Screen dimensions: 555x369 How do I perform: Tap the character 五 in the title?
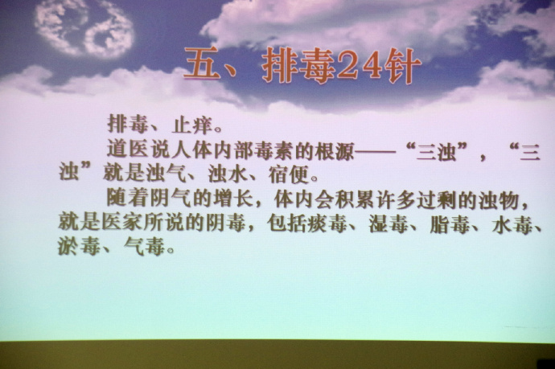pos(203,63)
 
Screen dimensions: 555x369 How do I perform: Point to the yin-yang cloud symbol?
pos(84,27)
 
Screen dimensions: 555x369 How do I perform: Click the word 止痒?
pos(192,125)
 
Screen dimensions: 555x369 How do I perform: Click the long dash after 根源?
pos(375,151)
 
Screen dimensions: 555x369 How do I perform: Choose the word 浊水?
pos(228,174)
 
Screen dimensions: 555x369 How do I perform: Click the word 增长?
pos(233,199)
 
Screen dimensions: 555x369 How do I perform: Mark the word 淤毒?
pos(79,245)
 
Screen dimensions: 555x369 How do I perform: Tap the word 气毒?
pos(144,246)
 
